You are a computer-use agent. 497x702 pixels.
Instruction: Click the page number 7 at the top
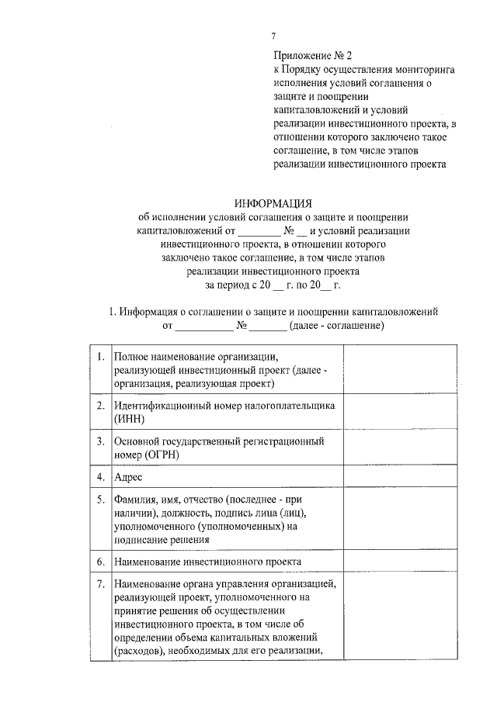(273, 36)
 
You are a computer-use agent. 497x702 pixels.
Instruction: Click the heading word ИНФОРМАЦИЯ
(273, 202)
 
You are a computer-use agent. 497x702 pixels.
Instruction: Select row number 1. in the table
(101, 357)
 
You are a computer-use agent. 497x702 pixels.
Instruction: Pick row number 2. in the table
(101, 406)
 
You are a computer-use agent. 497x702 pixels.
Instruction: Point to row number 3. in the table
(101, 441)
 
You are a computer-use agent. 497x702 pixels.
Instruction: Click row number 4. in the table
(101, 476)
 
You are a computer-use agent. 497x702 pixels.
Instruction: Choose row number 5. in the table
(101, 500)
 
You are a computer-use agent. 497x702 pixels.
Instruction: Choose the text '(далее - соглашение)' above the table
(335, 326)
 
